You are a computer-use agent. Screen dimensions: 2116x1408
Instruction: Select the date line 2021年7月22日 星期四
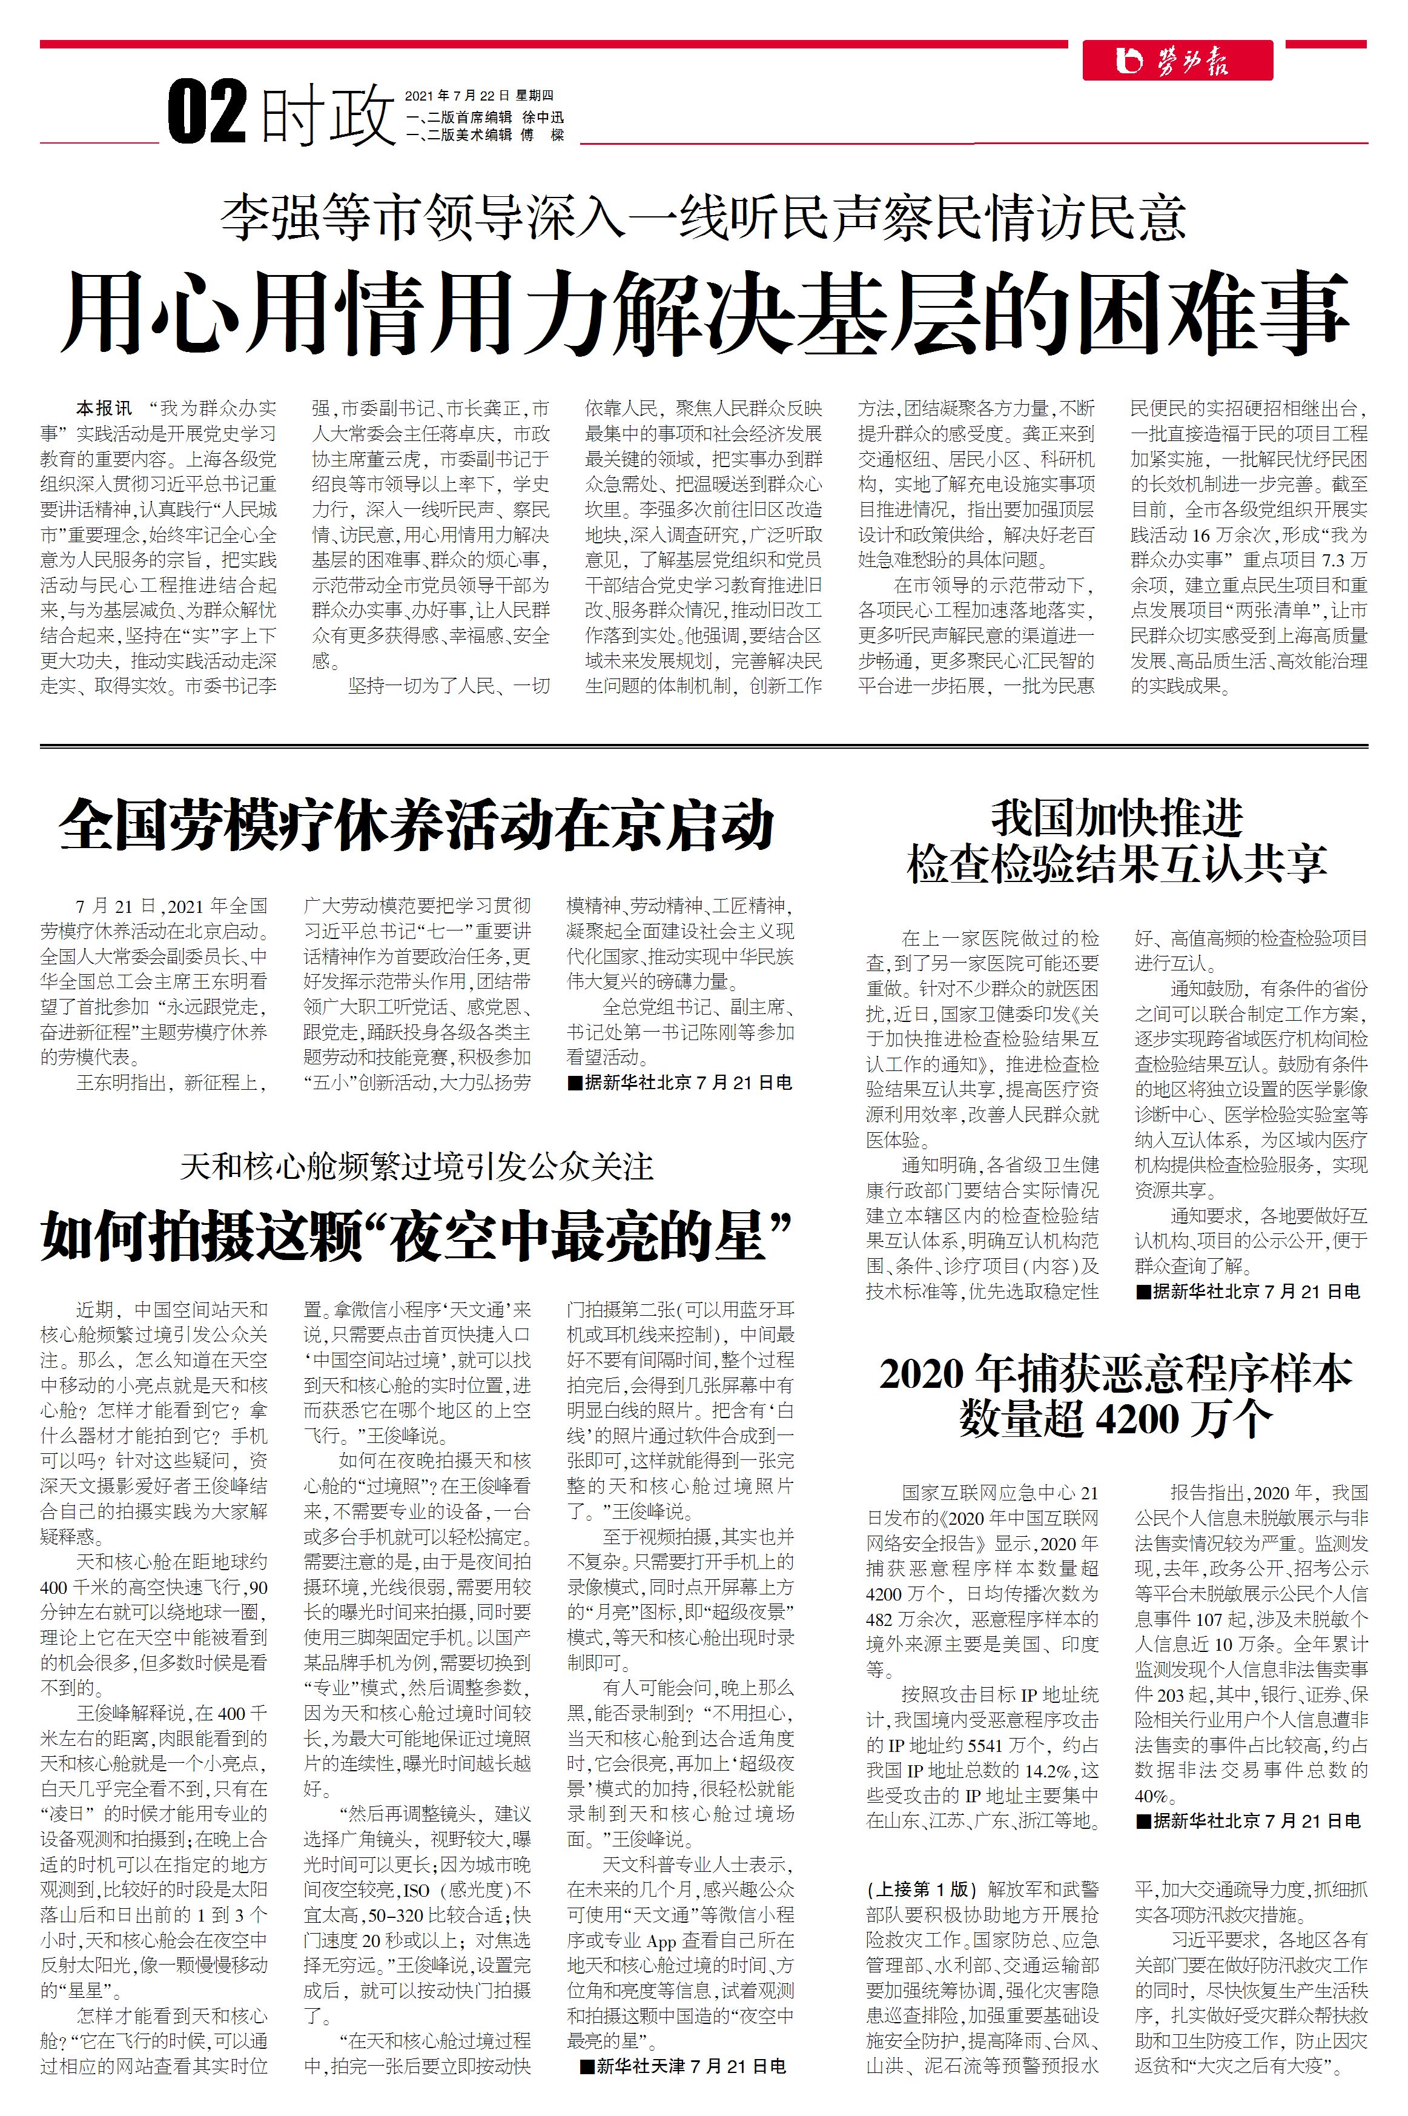[478, 95]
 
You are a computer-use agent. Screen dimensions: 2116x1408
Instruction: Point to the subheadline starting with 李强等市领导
[704, 218]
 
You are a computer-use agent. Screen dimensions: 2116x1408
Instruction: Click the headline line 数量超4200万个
[1116, 1419]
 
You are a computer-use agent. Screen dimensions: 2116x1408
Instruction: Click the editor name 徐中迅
[543, 117]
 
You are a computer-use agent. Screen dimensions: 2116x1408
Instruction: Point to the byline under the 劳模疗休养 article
[679, 1083]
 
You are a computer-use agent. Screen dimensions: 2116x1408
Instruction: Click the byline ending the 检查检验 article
[1248, 1292]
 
